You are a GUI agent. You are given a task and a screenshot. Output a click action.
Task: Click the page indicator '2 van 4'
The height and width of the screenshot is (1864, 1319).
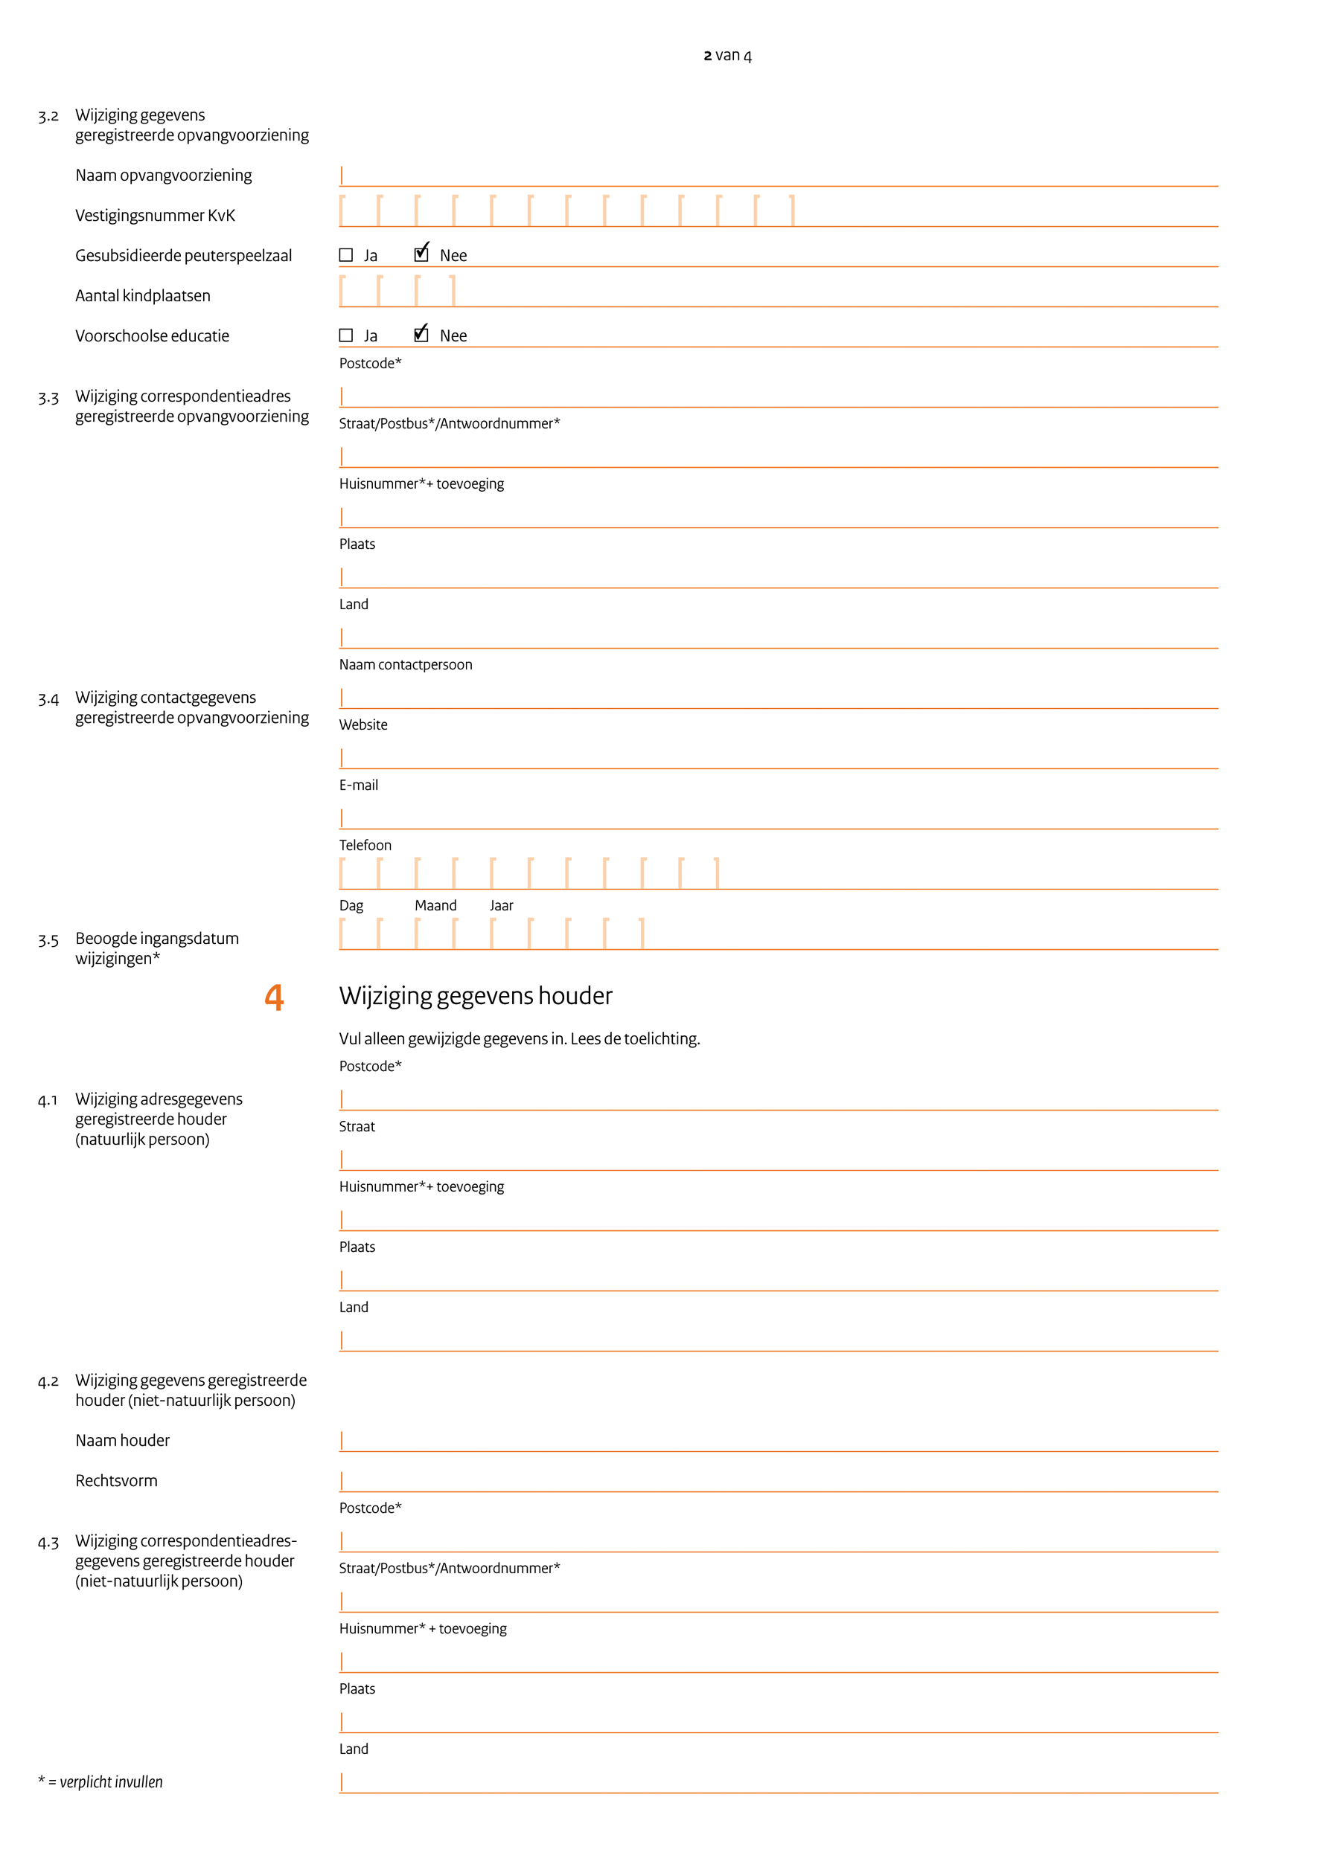click(727, 55)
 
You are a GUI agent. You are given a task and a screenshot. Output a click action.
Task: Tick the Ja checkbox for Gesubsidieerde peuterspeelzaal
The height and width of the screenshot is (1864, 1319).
click(346, 255)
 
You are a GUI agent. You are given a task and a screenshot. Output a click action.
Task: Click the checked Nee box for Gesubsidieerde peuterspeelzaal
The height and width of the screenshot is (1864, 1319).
click(421, 254)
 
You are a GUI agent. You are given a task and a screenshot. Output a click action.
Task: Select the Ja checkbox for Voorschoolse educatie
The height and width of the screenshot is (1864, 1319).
click(346, 335)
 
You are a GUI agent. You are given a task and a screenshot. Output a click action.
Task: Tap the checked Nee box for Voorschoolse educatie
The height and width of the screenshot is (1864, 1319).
click(421, 335)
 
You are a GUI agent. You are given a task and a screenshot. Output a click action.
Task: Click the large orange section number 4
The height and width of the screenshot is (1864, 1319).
click(275, 997)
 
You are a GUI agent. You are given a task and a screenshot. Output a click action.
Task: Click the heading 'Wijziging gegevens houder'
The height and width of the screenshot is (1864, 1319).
click(475, 996)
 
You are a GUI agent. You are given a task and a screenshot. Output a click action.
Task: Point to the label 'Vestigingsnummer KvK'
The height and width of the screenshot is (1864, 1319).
click(155, 215)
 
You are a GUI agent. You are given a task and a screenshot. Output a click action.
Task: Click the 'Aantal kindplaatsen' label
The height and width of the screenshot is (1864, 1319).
click(143, 295)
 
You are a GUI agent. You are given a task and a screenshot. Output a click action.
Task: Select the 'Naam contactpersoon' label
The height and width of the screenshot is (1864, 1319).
click(405, 664)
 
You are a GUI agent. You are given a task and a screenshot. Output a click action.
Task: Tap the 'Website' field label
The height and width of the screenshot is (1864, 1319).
click(363, 724)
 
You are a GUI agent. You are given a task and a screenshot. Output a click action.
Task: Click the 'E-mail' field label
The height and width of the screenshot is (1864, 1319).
click(358, 785)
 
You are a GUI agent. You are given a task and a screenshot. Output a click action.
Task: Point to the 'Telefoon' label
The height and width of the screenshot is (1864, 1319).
click(365, 845)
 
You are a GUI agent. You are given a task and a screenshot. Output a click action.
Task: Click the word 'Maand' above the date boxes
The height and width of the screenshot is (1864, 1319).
click(435, 905)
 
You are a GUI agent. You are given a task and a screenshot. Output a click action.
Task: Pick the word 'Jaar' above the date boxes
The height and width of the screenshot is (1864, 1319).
click(501, 905)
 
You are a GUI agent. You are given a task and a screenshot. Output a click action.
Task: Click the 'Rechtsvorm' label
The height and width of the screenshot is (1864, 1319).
click(116, 1481)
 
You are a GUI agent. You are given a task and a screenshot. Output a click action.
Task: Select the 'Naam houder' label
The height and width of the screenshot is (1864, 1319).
click(123, 1440)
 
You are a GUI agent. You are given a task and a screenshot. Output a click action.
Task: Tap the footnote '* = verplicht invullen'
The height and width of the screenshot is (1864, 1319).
click(100, 1782)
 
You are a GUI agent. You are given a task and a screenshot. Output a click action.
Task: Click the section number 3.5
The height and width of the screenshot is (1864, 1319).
click(48, 940)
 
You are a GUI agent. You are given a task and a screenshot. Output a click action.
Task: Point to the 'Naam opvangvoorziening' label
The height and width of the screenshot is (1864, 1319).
click(163, 176)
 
